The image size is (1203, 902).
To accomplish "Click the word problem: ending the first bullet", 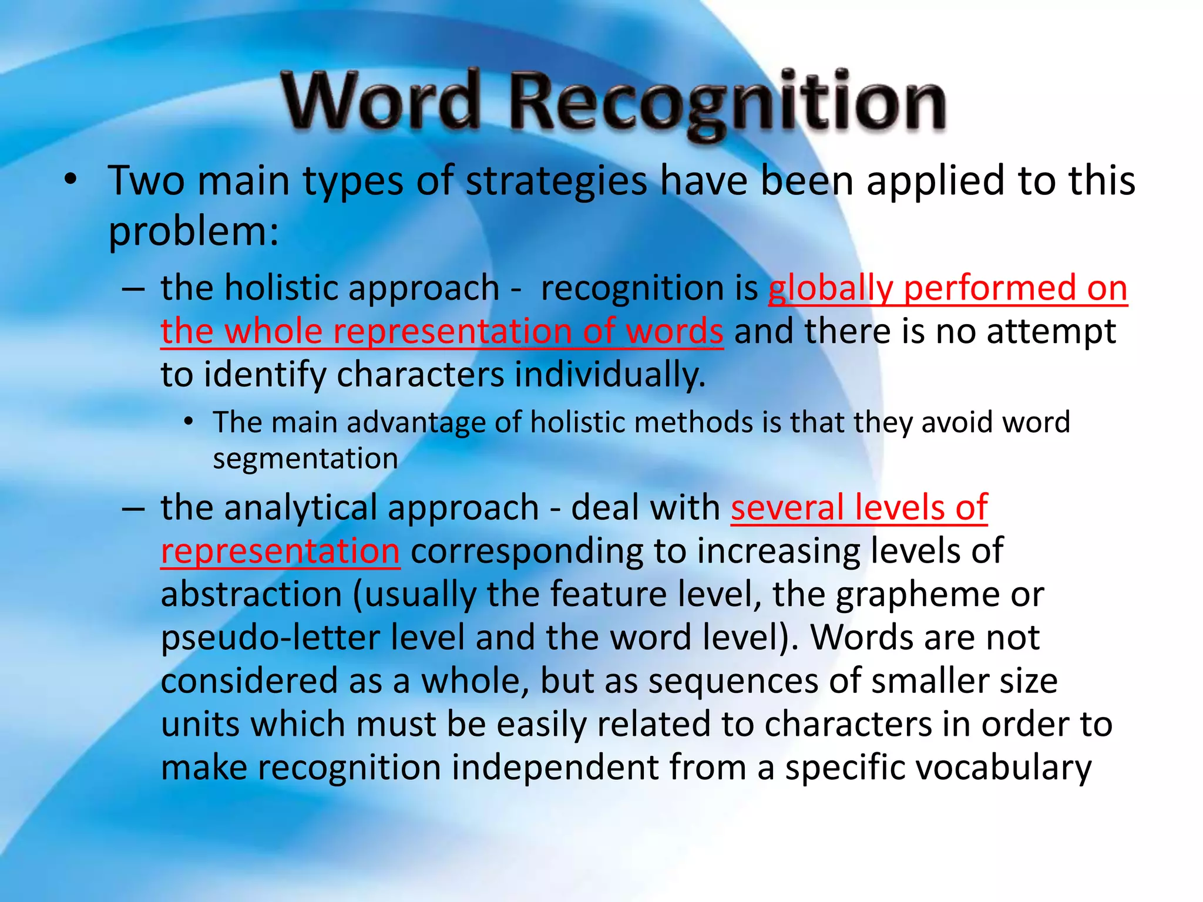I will (x=194, y=232).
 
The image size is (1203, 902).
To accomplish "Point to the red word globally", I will (x=831, y=289).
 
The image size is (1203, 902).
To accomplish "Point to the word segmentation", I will (x=305, y=459).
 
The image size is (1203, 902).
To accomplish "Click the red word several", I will (x=787, y=507).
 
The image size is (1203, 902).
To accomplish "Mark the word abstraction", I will (x=251, y=594).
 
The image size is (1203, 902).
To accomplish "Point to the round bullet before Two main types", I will (x=70, y=181).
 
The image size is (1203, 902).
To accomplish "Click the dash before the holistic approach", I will (x=133, y=290).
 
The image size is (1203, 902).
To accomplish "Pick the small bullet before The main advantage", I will (x=188, y=422).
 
